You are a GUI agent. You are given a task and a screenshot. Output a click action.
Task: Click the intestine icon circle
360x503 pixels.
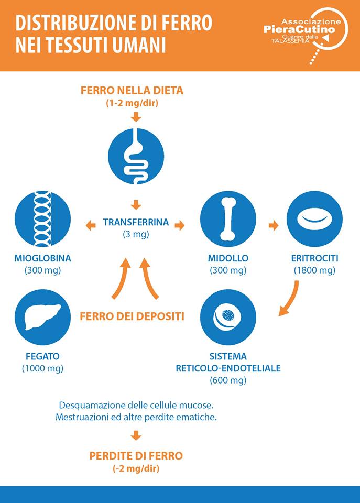point(136,156)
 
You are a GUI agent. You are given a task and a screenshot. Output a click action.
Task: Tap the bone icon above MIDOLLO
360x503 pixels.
point(228,219)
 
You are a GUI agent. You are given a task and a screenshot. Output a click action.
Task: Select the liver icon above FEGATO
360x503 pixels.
point(42,318)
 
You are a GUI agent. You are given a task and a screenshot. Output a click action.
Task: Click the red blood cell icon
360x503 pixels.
point(314,219)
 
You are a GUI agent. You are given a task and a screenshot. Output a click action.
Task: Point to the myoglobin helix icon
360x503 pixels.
point(42,219)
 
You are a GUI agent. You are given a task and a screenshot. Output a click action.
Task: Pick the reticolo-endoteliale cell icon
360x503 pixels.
point(228,318)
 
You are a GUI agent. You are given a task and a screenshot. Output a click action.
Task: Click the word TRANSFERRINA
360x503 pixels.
point(136,222)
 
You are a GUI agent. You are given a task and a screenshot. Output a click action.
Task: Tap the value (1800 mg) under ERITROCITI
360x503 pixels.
point(314,270)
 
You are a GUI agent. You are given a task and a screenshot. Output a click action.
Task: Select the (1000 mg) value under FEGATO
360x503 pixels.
point(42,368)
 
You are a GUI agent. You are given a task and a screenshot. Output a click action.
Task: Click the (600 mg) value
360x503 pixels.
point(228,380)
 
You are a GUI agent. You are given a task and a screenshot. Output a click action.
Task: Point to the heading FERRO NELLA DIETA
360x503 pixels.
point(132,91)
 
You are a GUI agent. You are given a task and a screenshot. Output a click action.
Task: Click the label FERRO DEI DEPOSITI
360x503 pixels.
point(132,316)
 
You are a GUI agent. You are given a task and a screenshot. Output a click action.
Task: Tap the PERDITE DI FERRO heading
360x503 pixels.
point(136,456)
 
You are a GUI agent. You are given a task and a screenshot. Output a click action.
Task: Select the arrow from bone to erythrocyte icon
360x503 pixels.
point(274,225)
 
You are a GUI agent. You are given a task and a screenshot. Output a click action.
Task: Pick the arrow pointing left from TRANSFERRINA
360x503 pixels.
point(91,225)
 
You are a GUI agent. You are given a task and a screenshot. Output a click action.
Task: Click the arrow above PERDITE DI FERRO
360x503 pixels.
point(136,435)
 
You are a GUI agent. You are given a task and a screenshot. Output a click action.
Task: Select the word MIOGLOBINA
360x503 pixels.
point(42,258)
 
